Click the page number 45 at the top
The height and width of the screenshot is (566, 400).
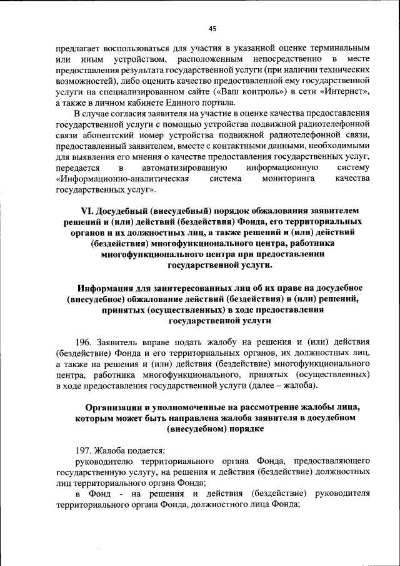coord(212,28)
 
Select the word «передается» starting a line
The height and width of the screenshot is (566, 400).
coord(77,168)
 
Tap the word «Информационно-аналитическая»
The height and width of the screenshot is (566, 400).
coord(117,178)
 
